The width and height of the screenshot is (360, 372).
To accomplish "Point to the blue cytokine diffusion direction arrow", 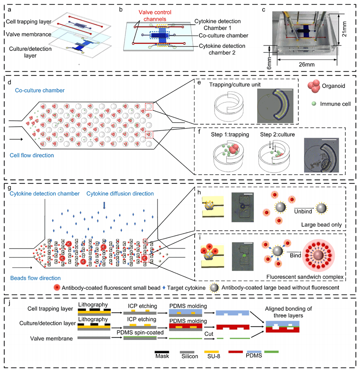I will click(x=104, y=204).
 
